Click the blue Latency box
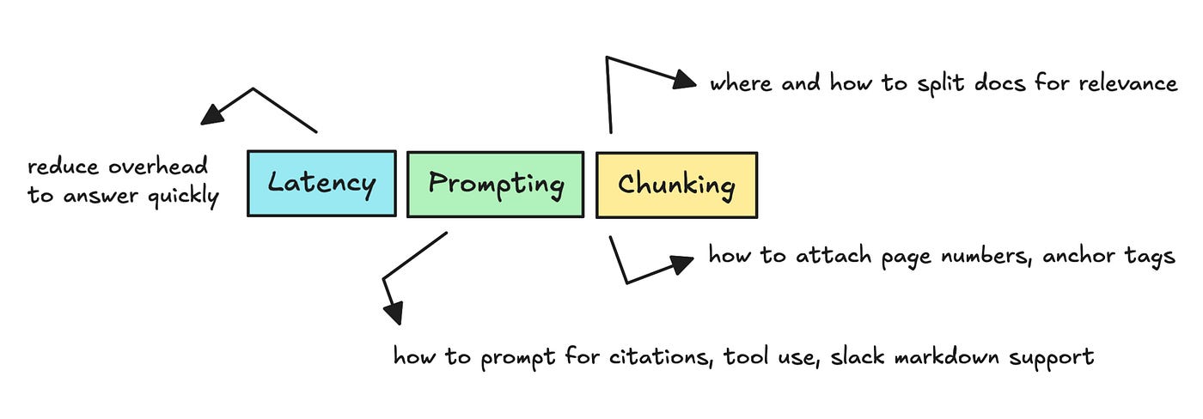[321, 183]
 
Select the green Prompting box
[495, 183]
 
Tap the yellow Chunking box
[676, 184]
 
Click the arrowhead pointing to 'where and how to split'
[685, 80]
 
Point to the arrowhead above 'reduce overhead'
[211, 115]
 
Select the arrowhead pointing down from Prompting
[392, 313]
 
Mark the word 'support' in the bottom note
[1055, 357]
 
